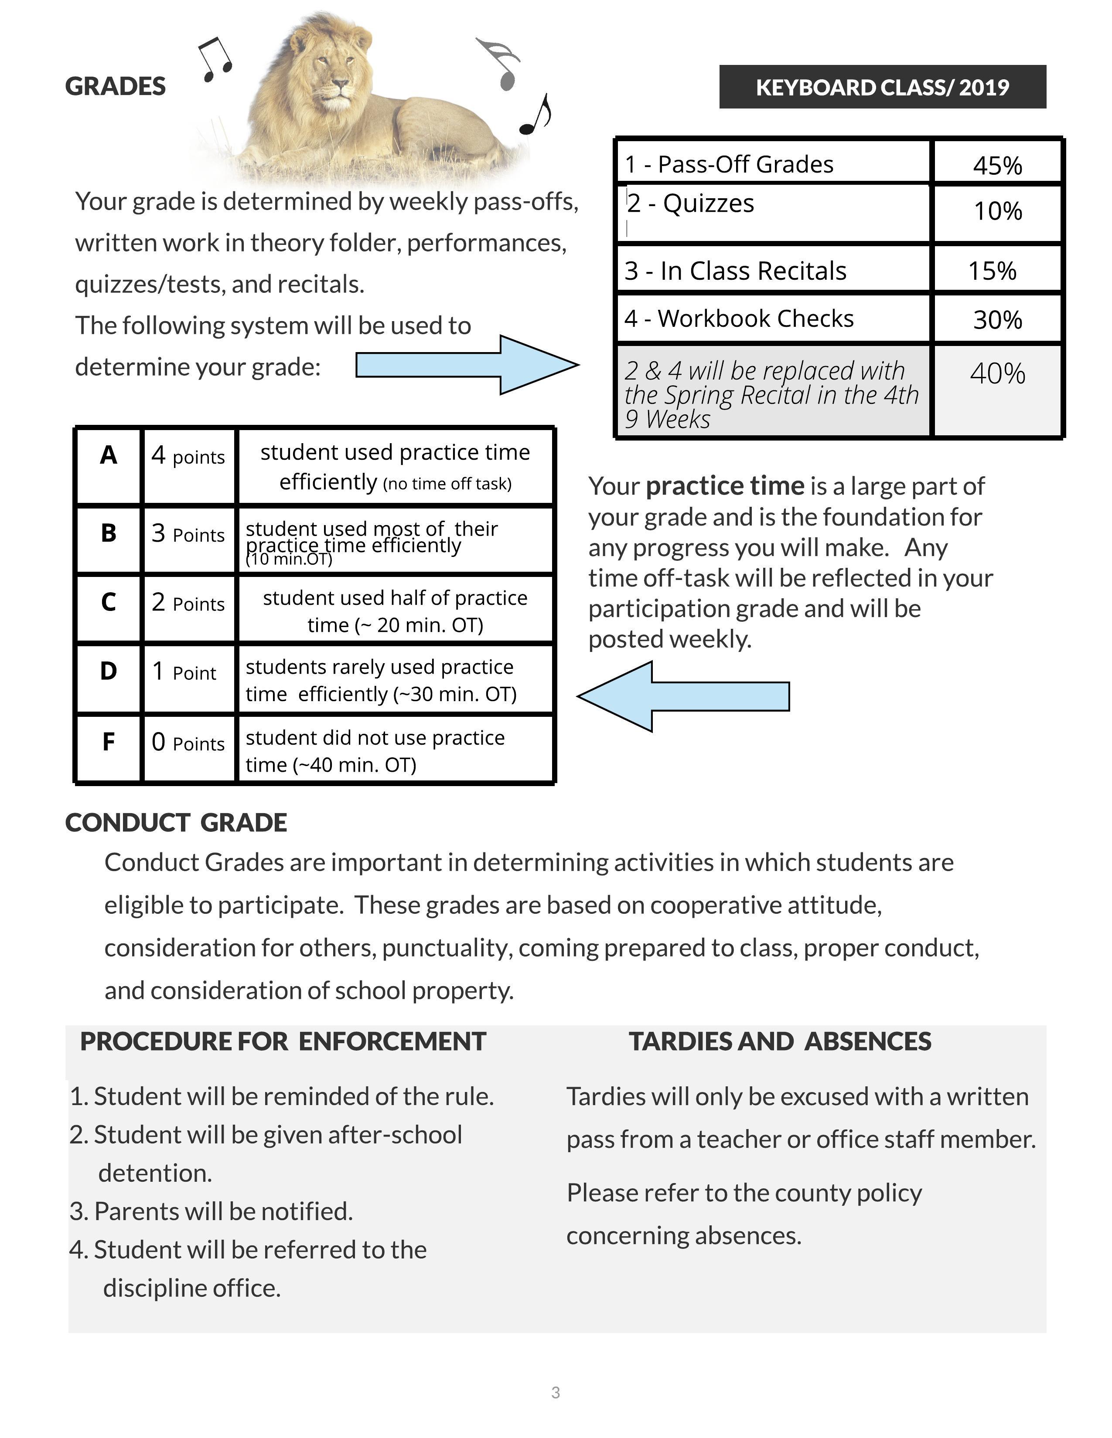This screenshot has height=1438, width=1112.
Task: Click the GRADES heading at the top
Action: pos(115,86)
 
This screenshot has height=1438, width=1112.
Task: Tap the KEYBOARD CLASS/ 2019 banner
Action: pos(882,87)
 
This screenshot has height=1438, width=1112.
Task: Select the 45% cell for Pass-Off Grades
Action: pos(997,165)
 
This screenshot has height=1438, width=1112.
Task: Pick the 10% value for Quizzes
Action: pos(997,211)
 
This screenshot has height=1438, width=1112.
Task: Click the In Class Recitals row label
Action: pos(735,271)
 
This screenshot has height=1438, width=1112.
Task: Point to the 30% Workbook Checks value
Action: pos(997,319)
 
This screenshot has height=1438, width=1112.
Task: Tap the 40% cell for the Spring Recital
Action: pos(997,373)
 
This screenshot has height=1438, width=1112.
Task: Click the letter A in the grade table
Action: pos(109,455)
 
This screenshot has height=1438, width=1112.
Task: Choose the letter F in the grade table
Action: pos(109,742)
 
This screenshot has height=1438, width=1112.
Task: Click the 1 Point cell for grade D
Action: pos(184,672)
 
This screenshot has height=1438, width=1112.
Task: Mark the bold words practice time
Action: pos(725,486)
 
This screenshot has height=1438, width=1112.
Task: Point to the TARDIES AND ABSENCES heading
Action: pos(780,1041)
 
